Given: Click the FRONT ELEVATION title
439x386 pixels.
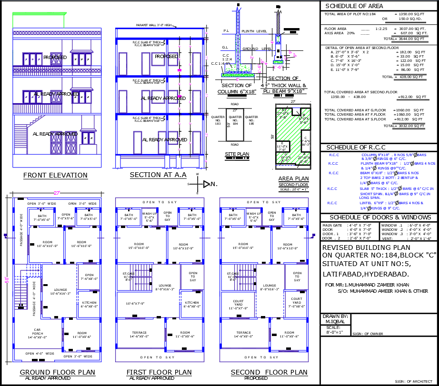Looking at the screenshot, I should point(55,175).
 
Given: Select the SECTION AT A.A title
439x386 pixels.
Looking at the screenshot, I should point(158,175).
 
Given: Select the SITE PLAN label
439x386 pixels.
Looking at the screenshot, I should point(237,154).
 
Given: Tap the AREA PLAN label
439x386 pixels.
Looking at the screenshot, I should point(293,179).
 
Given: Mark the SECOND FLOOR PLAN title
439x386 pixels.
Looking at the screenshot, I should point(269,372).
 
